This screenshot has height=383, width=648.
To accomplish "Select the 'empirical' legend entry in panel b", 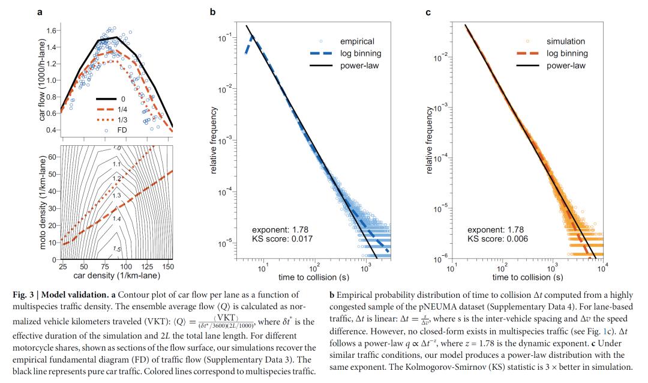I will click(x=356, y=41).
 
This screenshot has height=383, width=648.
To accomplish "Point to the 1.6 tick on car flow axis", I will click(x=52, y=31).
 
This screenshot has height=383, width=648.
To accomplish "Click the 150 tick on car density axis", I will click(x=167, y=267).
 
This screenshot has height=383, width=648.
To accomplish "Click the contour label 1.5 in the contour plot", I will click(x=118, y=249).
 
